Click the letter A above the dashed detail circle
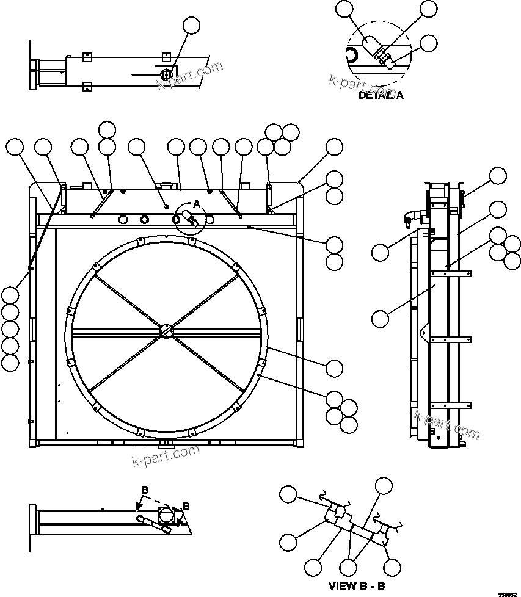[197, 203]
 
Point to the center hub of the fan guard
[167, 330]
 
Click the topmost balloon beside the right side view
[498, 176]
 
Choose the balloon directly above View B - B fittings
[384, 485]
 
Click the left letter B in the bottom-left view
[145, 490]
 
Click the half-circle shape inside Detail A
[352, 56]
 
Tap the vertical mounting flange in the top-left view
[31, 65]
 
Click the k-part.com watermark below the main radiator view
[166, 455]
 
